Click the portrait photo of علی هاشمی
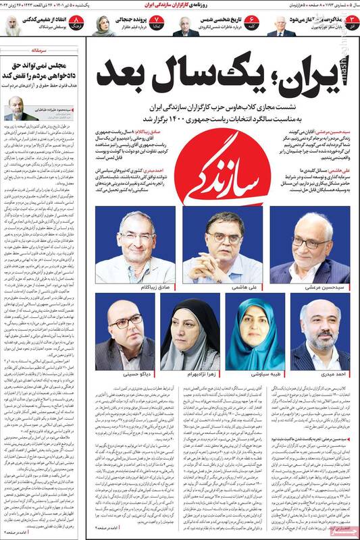tap(222, 246)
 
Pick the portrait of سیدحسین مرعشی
tap(310, 246)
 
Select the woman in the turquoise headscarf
tap(256, 335)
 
